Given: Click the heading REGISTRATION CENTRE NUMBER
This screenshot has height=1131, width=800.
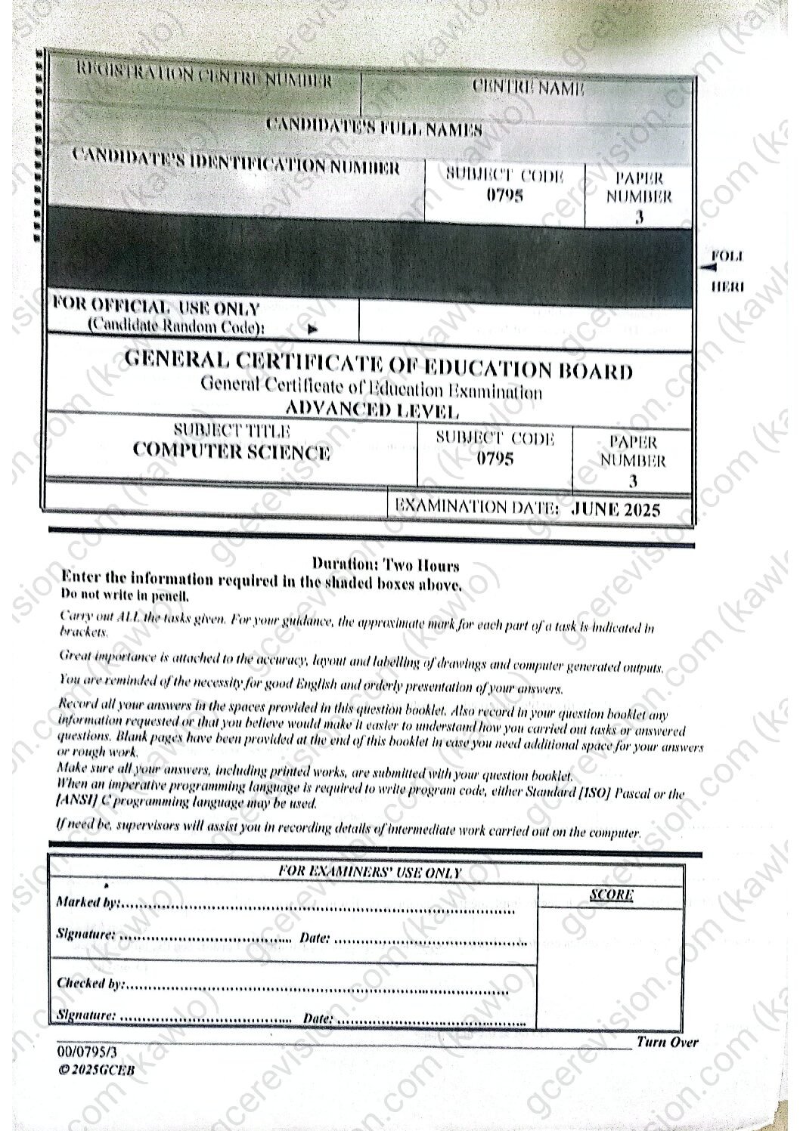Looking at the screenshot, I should tap(204, 79).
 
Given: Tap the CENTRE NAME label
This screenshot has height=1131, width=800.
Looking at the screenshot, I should tap(528, 88).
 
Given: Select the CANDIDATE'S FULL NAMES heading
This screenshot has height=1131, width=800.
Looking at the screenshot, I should tap(374, 126).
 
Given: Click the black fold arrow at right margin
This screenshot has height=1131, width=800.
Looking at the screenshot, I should tap(707, 267).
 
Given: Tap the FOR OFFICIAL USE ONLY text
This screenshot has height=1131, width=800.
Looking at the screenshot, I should tap(156, 308).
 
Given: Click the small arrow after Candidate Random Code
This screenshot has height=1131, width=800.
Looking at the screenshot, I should tap(313, 329).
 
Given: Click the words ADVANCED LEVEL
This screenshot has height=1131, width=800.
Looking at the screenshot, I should tap(371, 411).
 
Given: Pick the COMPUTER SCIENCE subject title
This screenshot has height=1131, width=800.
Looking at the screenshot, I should tap(231, 452).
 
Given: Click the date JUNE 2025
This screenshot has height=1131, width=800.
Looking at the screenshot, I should tap(616, 508).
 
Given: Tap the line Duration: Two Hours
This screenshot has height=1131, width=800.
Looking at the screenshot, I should tap(385, 564).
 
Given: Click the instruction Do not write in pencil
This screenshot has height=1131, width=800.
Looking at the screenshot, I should tap(125, 595).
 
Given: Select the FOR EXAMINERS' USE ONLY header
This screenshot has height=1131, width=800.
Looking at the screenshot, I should tap(370, 871).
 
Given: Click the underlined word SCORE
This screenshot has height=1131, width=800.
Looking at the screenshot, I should tap(611, 895).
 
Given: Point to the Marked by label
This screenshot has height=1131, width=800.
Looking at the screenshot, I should tap(88, 903).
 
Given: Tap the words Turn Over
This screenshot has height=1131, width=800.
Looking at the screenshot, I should tap(667, 1043).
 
